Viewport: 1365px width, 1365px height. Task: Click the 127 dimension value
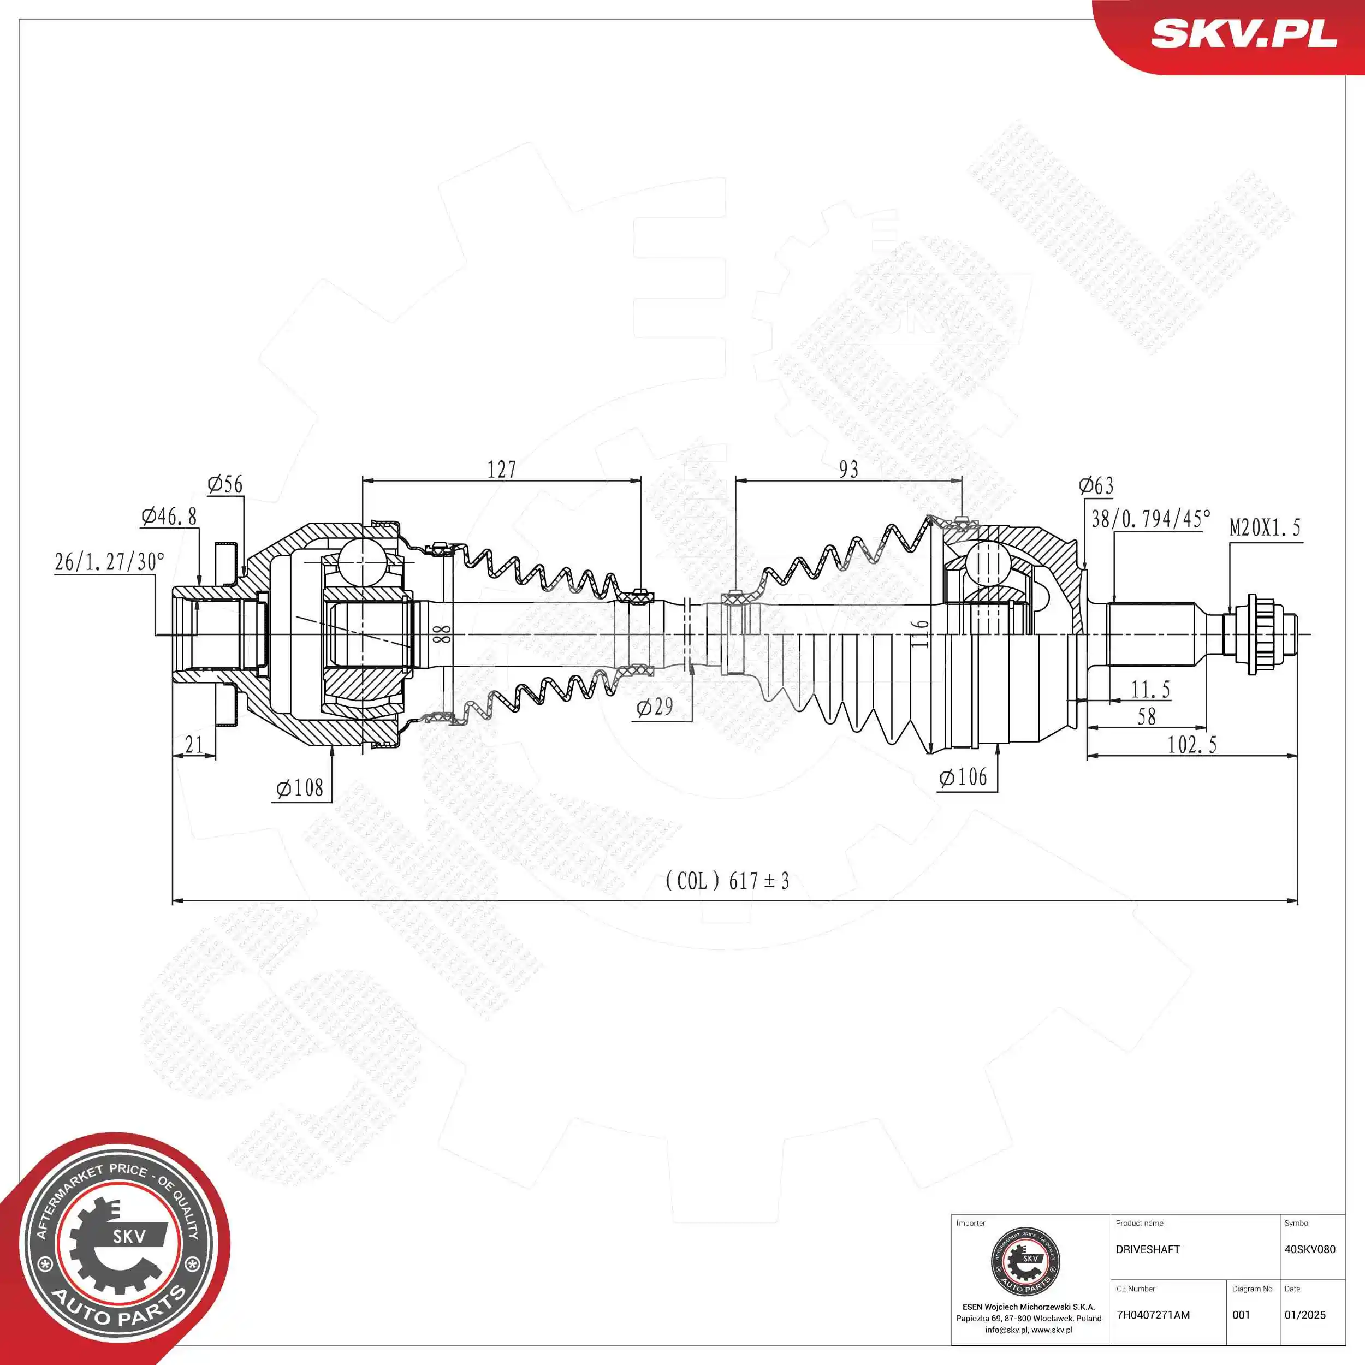tap(502, 470)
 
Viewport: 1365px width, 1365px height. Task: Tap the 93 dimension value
tap(848, 470)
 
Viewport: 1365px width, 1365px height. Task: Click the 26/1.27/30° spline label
tap(110, 562)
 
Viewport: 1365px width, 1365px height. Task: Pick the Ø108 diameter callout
tap(300, 788)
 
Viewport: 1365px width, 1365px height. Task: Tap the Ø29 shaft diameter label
tap(655, 707)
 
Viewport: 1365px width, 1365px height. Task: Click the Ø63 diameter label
tap(1096, 486)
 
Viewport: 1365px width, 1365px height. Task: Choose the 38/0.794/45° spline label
tap(1150, 519)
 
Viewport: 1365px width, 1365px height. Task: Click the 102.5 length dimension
tap(1192, 745)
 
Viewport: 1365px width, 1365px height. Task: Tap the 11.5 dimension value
tap(1150, 689)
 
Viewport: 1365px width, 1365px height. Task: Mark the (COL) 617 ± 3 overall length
tap(727, 881)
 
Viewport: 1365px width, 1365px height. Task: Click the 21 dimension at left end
tap(194, 745)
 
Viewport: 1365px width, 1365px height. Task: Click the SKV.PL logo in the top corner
tap(1243, 33)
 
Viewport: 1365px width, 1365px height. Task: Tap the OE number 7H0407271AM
tap(1153, 1315)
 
